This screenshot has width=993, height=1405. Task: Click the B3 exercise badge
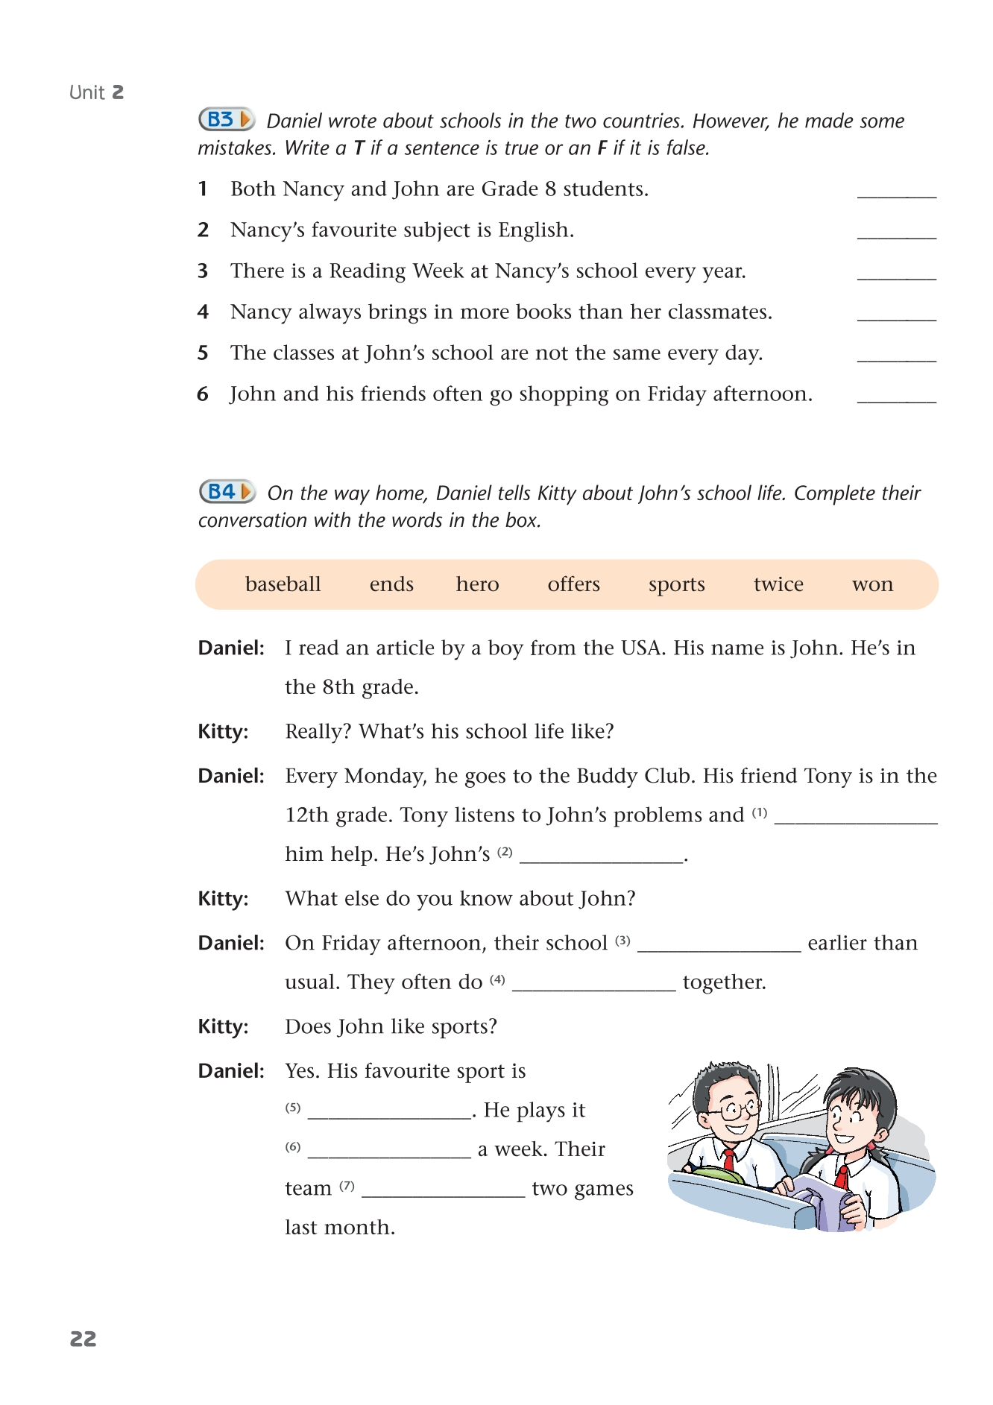tap(226, 119)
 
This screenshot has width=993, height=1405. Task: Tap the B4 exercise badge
tap(227, 492)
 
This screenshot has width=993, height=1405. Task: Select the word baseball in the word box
tap(283, 584)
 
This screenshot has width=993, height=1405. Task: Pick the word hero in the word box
tap(477, 584)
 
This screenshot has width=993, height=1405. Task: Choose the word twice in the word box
tap(778, 584)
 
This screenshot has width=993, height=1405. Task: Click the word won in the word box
tap(872, 584)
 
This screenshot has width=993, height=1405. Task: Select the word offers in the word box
tap(573, 584)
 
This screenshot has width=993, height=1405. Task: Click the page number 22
tap(83, 1339)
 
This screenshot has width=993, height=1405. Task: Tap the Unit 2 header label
tap(96, 92)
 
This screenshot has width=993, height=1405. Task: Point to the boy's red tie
tap(729, 1159)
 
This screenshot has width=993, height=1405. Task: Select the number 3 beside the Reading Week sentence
tap(203, 271)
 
